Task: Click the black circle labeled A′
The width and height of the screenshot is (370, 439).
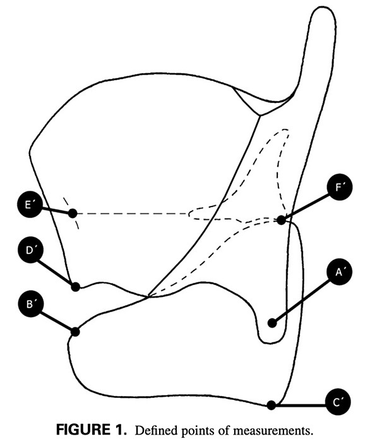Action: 339,272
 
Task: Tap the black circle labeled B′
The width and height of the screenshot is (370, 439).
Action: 31,304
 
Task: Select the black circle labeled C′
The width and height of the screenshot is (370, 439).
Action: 338,402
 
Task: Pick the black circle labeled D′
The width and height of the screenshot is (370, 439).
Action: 30,250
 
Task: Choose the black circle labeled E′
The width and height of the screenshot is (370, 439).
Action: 30,205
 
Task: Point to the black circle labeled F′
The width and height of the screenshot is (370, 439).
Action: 339,187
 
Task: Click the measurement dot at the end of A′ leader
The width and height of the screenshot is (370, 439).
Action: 272,323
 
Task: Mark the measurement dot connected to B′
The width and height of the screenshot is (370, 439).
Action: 75,332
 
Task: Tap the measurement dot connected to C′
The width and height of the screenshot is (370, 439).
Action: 271,405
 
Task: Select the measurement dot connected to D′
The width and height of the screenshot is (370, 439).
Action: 75,287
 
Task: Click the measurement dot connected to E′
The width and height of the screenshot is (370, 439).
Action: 73,213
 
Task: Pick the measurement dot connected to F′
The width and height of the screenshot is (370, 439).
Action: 281,220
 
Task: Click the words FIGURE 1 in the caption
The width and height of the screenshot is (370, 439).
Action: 92,430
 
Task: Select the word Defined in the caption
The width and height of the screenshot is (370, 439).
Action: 154,430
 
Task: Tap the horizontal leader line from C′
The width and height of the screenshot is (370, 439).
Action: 301,405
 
